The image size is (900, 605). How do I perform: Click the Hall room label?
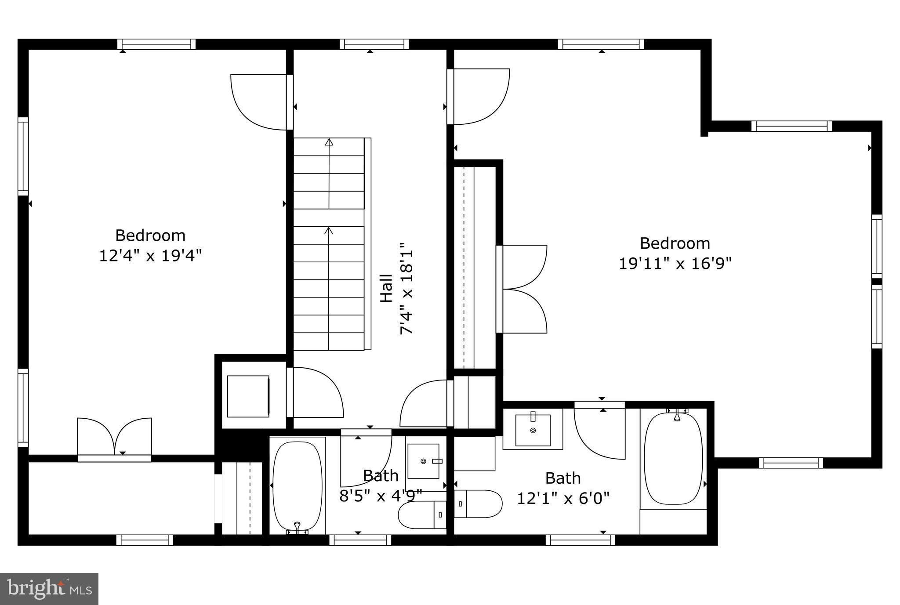[386, 288]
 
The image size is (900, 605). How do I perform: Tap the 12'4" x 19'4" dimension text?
[150, 255]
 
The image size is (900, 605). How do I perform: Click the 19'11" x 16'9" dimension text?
[675, 263]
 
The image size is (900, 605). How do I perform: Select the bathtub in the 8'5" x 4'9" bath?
[297, 486]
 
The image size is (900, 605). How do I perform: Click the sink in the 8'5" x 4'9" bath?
[423, 461]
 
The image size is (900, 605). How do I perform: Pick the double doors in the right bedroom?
[523, 289]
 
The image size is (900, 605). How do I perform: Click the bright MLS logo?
[49, 589]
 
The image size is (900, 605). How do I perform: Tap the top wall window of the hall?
[374, 44]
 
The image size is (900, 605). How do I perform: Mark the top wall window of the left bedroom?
[156, 44]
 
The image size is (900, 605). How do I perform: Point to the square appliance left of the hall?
[248, 396]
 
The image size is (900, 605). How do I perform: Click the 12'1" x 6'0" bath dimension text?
[563, 498]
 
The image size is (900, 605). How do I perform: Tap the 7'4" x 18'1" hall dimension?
[407, 288]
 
